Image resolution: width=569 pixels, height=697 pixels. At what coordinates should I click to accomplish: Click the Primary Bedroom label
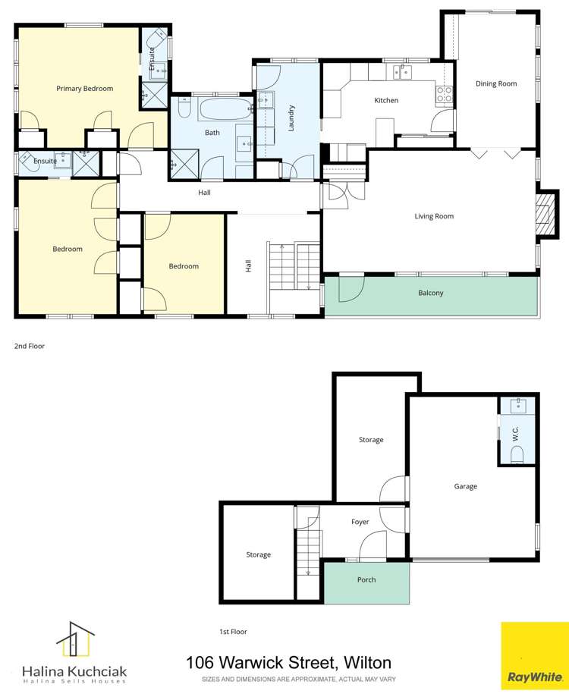pyautogui.click(x=84, y=89)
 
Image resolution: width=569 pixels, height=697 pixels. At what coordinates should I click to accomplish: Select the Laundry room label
pyautogui.click(x=291, y=118)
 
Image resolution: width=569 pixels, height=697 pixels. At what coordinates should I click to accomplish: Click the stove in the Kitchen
pyautogui.click(x=444, y=95)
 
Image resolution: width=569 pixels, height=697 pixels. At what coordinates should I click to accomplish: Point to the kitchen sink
pyautogui.click(x=401, y=73)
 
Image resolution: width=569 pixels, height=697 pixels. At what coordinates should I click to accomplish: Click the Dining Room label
pyautogui.click(x=496, y=83)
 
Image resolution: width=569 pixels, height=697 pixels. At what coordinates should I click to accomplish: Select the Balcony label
pyautogui.click(x=431, y=293)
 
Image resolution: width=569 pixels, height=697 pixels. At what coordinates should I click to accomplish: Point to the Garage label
pyautogui.click(x=465, y=486)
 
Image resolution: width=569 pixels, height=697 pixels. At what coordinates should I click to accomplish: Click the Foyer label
pyautogui.click(x=360, y=522)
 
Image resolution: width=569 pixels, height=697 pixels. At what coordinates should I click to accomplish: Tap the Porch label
pyautogui.click(x=366, y=579)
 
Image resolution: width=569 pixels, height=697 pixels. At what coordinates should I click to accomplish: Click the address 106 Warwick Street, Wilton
pyautogui.click(x=288, y=664)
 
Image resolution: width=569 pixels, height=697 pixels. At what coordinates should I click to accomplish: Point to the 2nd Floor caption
pyautogui.click(x=30, y=346)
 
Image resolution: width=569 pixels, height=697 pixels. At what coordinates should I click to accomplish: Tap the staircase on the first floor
pyautogui.click(x=307, y=548)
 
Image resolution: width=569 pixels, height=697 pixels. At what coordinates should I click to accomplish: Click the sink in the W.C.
pyautogui.click(x=518, y=405)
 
